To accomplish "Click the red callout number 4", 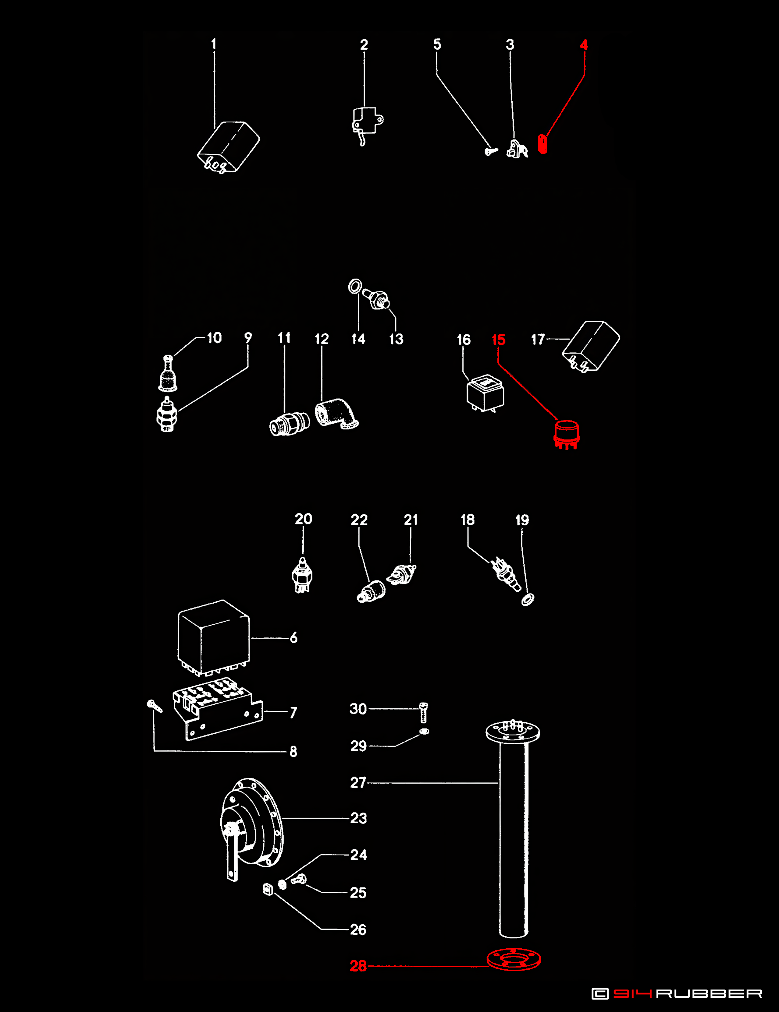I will pos(584,45).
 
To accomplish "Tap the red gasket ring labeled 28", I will pos(513,959).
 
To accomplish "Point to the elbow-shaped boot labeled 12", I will pos(337,413).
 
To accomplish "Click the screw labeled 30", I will pos(423,712).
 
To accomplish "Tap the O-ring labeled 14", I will pos(355,286).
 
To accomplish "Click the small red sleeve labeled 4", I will pos(542,144).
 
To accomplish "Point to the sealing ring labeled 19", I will pos(528,599).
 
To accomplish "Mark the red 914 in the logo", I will pos(632,993).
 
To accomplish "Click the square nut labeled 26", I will pos(268,889).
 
